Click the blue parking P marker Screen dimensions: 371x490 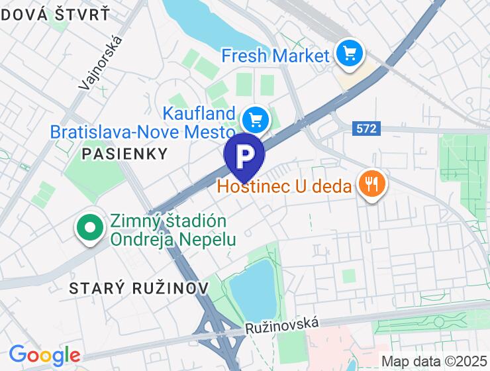click(244, 155)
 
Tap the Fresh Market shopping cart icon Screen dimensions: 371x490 click(348, 54)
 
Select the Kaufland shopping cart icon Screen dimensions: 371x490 click(254, 121)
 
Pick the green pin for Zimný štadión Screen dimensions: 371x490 click(89, 228)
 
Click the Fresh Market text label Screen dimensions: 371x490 click(275, 56)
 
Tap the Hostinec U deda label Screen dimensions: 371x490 click(284, 187)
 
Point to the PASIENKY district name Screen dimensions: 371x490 click(124, 154)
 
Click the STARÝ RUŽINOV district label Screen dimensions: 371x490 click(139, 288)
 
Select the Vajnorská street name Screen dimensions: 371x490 click(101, 62)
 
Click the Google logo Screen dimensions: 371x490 click(44, 356)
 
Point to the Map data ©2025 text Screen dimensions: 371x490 click(434, 361)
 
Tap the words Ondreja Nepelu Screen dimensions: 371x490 click(173, 239)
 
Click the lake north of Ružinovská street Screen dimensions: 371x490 click(253, 290)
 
